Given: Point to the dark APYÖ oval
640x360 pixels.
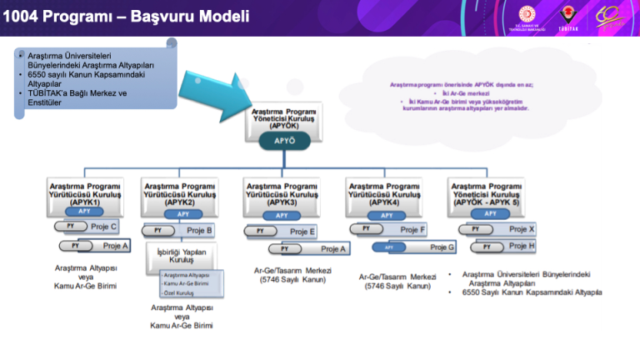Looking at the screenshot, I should [284, 141].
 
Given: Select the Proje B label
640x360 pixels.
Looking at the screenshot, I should [200, 230].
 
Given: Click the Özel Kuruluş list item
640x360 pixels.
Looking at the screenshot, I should [180, 293].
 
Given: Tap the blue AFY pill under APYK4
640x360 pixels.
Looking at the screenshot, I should [387, 214].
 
